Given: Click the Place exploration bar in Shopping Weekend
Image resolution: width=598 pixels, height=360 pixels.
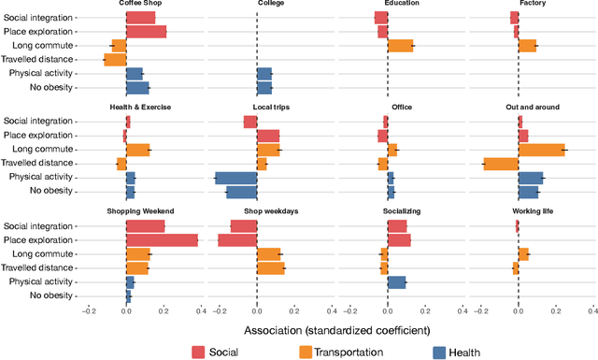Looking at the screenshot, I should [162, 240].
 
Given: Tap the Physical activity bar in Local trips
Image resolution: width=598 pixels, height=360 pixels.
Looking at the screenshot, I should [235, 178].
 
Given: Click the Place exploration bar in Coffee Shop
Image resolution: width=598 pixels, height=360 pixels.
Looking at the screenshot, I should [146, 32].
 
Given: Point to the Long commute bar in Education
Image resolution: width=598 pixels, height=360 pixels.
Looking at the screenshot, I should [400, 46].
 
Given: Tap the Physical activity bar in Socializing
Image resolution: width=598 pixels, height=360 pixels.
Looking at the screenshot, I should [396, 281].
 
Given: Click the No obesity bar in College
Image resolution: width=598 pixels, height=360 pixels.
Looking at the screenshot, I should [264, 88].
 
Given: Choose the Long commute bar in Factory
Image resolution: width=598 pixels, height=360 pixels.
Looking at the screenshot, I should [527, 46].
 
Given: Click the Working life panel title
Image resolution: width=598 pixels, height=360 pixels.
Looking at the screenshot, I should [533, 211].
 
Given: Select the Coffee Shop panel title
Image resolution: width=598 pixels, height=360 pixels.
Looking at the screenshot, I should [137, 4].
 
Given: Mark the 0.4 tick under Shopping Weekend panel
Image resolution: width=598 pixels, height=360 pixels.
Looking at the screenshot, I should [201, 312].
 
